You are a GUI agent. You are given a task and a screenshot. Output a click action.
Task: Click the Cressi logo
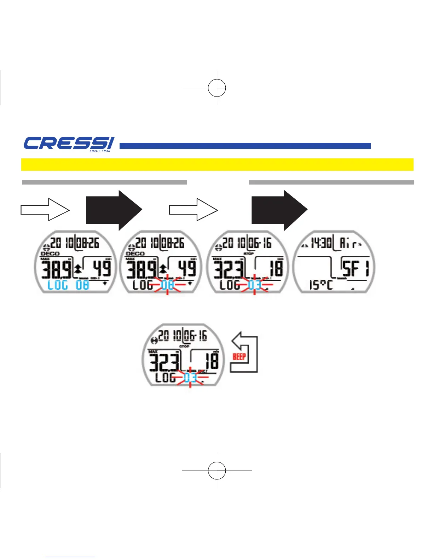tap(69, 144)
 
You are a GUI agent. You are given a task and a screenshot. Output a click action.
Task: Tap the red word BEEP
tap(239, 356)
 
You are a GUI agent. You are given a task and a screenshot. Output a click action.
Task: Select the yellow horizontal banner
tap(217, 164)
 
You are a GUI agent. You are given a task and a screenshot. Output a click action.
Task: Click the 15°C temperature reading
tap(321, 285)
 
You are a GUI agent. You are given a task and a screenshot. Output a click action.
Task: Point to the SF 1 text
tap(355, 268)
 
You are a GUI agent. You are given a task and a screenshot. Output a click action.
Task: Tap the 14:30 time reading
tap(321, 243)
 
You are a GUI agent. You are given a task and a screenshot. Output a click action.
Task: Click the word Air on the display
tap(348, 243)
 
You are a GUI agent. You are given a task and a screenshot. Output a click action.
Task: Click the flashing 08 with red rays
tap(167, 285)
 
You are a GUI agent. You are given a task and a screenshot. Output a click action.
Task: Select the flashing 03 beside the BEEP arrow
tap(190, 378)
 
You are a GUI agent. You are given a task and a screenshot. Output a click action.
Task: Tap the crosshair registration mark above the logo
tap(217, 88)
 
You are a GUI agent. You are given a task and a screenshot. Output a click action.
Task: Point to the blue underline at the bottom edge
tap(70, 557)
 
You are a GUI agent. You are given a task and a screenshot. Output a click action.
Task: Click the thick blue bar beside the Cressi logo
tap(245, 146)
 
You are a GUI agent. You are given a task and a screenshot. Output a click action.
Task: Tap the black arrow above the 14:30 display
tap(279, 210)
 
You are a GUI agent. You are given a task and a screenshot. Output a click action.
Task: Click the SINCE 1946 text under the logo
tap(100, 151)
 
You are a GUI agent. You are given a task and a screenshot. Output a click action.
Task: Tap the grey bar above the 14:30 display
tap(331, 182)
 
